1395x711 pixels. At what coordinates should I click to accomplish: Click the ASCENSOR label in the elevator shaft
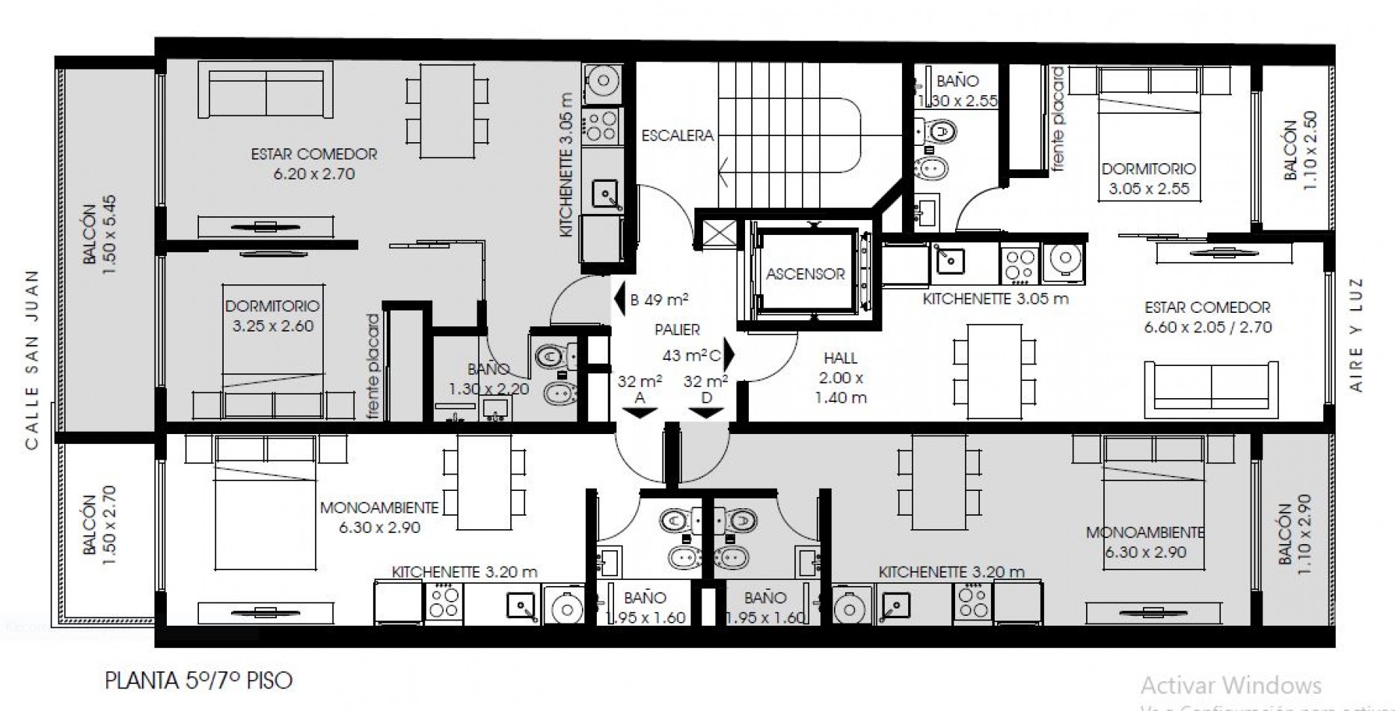pos(805,274)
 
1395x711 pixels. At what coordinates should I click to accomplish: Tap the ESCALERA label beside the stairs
pos(677,135)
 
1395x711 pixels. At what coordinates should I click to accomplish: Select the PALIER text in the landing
pos(677,329)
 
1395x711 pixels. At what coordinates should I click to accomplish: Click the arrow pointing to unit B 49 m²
pos(619,299)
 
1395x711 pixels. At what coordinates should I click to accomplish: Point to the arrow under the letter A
pos(640,412)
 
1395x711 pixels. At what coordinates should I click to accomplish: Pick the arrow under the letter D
pos(706,412)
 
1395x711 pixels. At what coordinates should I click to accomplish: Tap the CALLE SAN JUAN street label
pos(31,361)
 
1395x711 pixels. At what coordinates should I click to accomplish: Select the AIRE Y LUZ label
pos(1357,335)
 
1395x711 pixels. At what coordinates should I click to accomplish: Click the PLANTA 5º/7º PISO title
pos(198,681)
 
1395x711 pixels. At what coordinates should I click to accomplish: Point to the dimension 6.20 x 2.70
pos(314,174)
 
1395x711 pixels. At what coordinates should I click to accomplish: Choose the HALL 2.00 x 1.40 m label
pos(840,378)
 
